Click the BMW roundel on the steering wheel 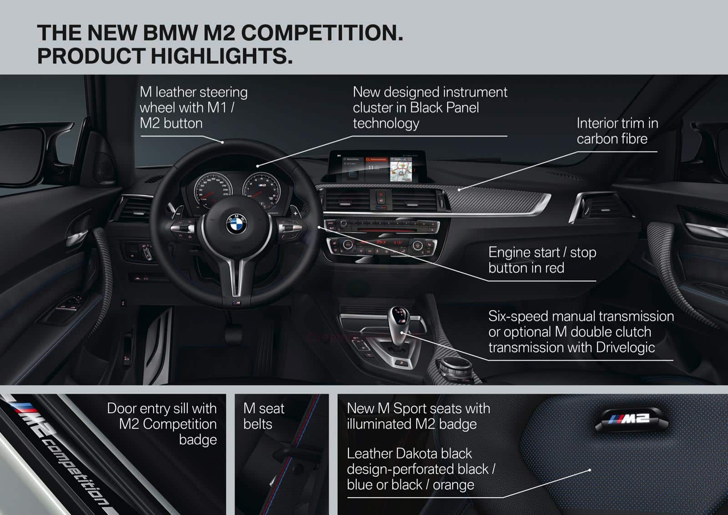237,224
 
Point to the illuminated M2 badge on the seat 632,419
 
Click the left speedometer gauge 213,190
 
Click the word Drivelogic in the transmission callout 625,347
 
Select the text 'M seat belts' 263,416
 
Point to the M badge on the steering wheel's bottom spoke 236,303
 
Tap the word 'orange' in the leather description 453,485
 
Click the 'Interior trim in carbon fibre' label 617,131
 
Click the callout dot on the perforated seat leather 590,470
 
